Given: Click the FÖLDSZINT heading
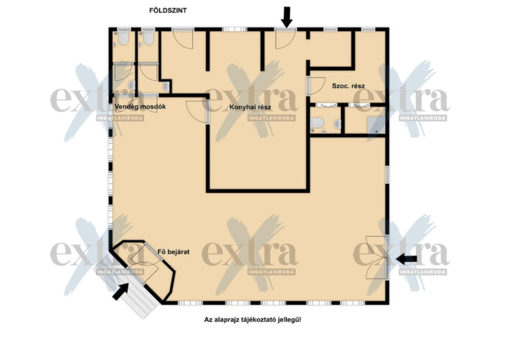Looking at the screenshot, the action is (x=168, y=10).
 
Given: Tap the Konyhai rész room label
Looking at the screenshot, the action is (x=250, y=107).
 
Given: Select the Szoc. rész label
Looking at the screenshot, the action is (x=348, y=86).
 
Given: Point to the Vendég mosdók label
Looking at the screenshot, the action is (x=140, y=106).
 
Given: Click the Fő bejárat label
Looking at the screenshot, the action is (x=173, y=252).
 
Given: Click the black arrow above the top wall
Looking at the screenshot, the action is (x=286, y=17).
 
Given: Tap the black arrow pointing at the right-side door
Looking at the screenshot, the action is (x=407, y=259).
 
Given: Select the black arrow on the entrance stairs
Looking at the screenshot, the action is (x=120, y=291).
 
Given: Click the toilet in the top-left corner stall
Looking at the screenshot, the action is (x=123, y=38).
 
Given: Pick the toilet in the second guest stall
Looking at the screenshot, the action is (x=148, y=38).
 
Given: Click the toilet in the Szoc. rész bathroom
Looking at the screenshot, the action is (x=317, y=124).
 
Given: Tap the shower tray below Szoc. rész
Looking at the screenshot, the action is (x=376, y=125).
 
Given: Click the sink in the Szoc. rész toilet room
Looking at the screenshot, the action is (x=338, y=124).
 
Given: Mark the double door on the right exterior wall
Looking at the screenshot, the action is (x=377, y=258).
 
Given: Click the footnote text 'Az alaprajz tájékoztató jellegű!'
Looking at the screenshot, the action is (x=253, y=320).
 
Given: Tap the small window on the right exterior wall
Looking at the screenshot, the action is (x=387, y=175).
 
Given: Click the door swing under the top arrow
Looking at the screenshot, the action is (x=285, y=39).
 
